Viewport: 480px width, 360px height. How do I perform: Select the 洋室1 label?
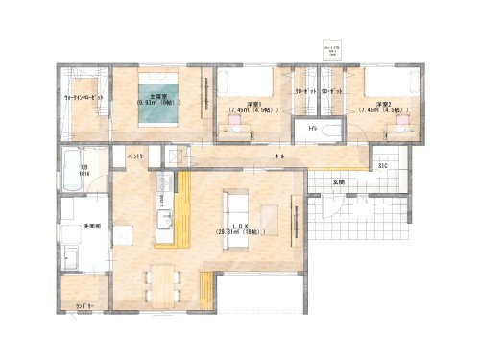[254, 104]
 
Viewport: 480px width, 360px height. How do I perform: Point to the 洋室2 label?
[384, 104]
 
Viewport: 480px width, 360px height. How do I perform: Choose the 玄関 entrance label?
[339, 180]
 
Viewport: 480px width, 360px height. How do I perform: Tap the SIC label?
[382, 166]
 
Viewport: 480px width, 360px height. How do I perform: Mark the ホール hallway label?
[279, 156]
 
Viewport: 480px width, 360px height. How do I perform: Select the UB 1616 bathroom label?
[84, 171]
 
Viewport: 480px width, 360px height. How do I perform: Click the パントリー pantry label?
[134, 154]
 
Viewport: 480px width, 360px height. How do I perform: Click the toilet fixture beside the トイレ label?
[332, 131]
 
